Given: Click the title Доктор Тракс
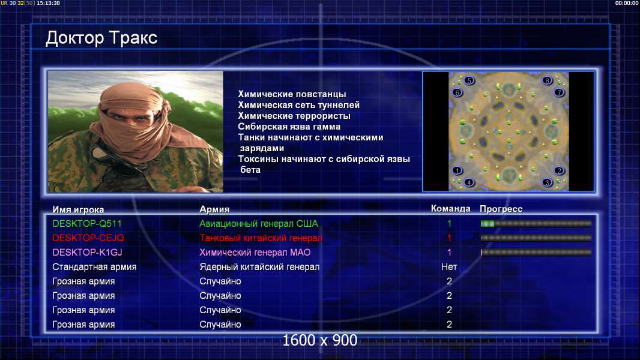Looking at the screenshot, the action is point(101,38).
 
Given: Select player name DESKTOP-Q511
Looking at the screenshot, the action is point(87,223).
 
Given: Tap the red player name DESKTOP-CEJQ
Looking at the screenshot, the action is point(88,238).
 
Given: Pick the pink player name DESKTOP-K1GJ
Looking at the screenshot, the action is point(87,253).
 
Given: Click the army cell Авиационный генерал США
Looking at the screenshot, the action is point(259,223).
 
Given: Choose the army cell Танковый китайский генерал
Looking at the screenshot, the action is point(261,238).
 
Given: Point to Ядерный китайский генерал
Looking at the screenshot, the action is point(259,267).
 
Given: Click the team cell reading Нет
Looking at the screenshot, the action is point(449,267).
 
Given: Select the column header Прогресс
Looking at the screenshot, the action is point(501,209).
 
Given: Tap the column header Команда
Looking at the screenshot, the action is point(451,209).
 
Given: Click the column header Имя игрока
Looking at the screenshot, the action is point(78,209).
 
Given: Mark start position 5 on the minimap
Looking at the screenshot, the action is point(469,80).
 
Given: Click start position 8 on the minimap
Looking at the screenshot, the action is point(547,80).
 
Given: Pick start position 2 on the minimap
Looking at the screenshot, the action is point(559,170).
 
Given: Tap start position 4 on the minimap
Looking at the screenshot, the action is point(469,182).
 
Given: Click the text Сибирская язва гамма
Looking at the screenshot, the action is point(289,127).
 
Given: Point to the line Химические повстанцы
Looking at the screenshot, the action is point(292,94).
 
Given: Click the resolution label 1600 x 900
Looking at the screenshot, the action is point(319,340).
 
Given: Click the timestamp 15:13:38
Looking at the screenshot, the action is point(48,3).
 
